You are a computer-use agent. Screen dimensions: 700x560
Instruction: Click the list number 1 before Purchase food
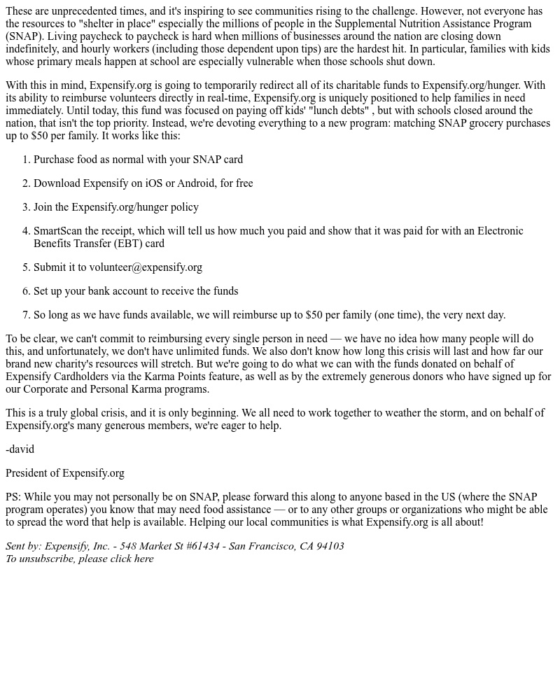click(27, 160)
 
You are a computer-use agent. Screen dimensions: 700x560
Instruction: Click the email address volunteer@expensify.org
click(146, 267)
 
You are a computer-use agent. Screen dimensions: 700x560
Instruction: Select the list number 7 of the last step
click(27, 315)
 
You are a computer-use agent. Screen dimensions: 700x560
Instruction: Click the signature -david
click(20, 449)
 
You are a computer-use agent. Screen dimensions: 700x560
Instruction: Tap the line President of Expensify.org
click(65, 473)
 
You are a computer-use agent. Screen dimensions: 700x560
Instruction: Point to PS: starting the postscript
click(13, 497)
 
